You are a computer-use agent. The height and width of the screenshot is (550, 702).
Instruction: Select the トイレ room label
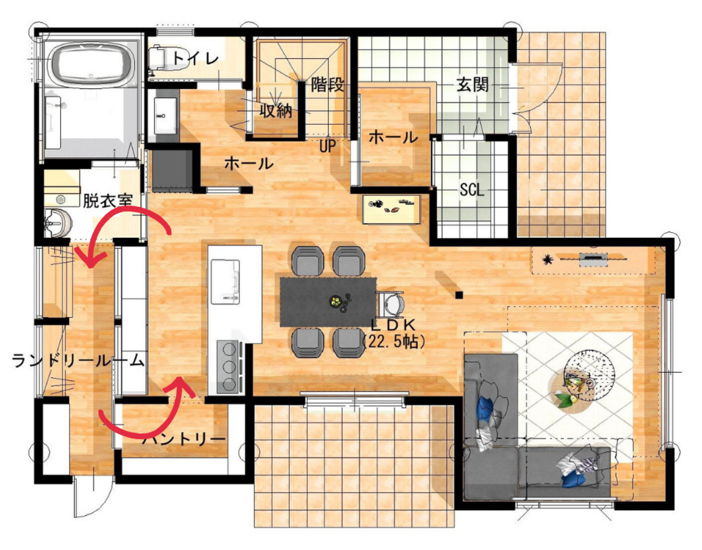(x=196, y=59)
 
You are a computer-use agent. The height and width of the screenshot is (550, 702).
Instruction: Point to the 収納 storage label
(x=276, y=111)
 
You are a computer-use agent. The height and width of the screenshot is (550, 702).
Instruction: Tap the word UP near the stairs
(x=328, y=146)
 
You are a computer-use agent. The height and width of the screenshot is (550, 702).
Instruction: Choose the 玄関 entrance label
(x=472, y=85)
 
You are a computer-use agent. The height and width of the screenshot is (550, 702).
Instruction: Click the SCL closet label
(x=472, y=190)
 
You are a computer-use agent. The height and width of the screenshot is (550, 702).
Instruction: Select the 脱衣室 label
(x=108, y=200)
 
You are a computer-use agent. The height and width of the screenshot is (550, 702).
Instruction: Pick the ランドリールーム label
(x=78, y=361)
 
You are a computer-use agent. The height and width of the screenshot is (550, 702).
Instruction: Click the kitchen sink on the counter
(x=226, y=282)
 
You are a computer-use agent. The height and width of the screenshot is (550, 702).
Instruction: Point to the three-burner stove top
(x=229, y=367)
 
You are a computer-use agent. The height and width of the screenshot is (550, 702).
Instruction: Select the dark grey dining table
(x=328, y=302)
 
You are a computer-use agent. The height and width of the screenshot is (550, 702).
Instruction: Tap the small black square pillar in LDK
(x=459, y=295)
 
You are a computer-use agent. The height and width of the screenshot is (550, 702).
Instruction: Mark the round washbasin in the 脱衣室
(x=58, y=222)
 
